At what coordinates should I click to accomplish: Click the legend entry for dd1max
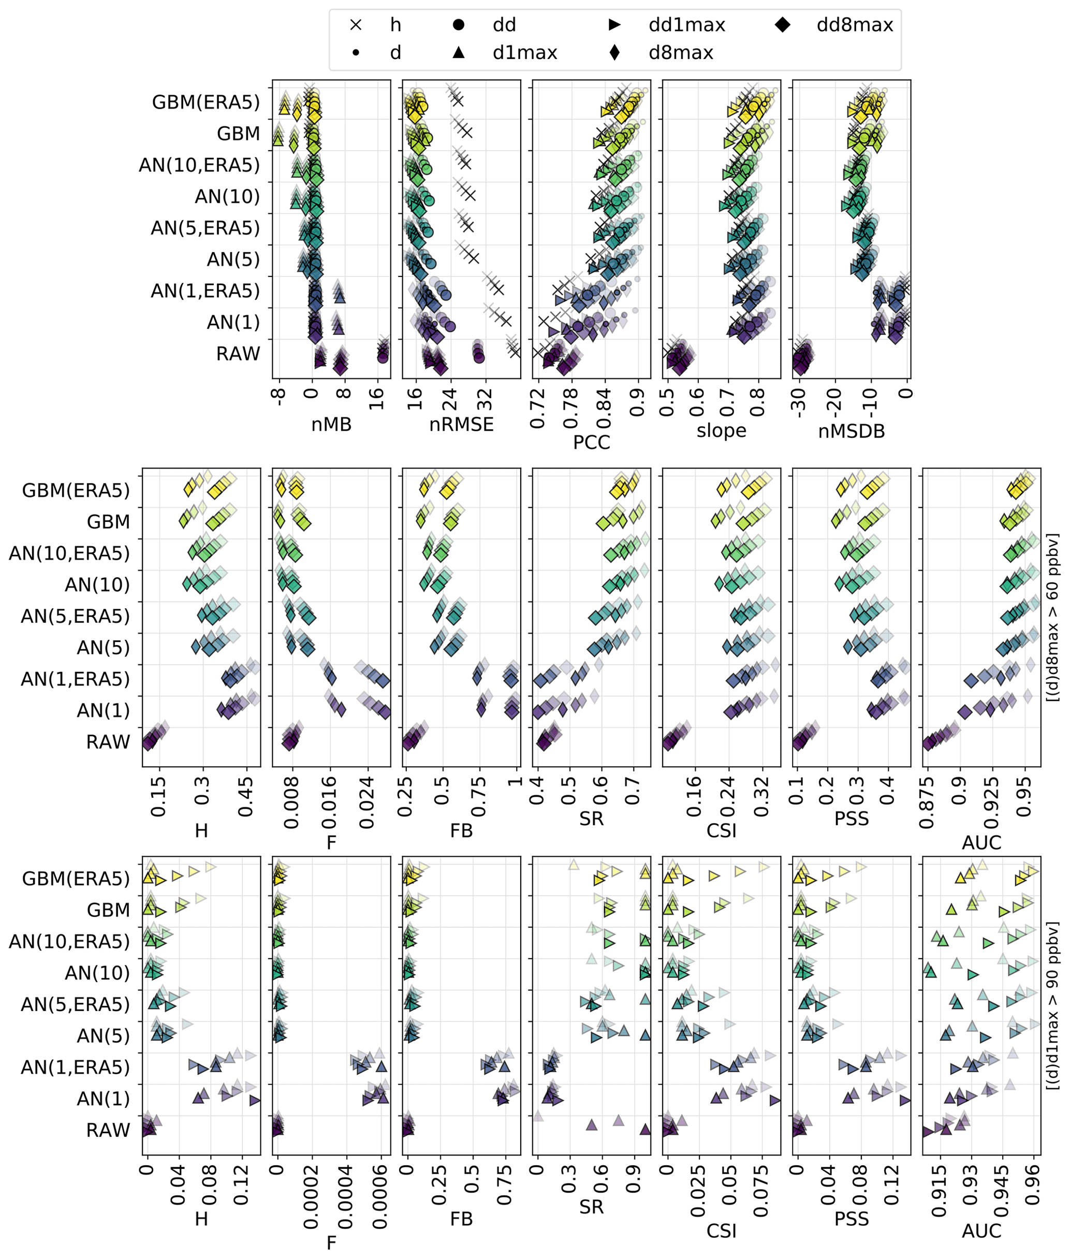pyautogui.click(x=686, y=25)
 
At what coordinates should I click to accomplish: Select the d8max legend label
pyautogui.click(x=681, y=53)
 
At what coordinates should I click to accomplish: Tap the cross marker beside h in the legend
pyautogui.click(x=356, y=25)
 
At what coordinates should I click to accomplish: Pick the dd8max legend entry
pyautogui.click(x=854, y=25)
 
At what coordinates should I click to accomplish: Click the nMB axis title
pyautogui.click(x=331, y=424)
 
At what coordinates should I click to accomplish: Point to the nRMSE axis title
pyautogui.click(x=461, y=424)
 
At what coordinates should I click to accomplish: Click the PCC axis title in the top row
pyautogui.click(x=591, y=442)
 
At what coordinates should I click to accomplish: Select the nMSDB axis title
pyautogui.click(x=851, y=431)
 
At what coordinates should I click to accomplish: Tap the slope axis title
pyautogui.click(x=721, y=431)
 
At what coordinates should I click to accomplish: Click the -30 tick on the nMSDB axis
pyautogui.click(x=799, y=403)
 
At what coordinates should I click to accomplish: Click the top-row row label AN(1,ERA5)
pyautogui.click(x=205, y=291)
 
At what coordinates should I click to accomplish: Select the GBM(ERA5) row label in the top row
pyautogui.click(x=206, y=102)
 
